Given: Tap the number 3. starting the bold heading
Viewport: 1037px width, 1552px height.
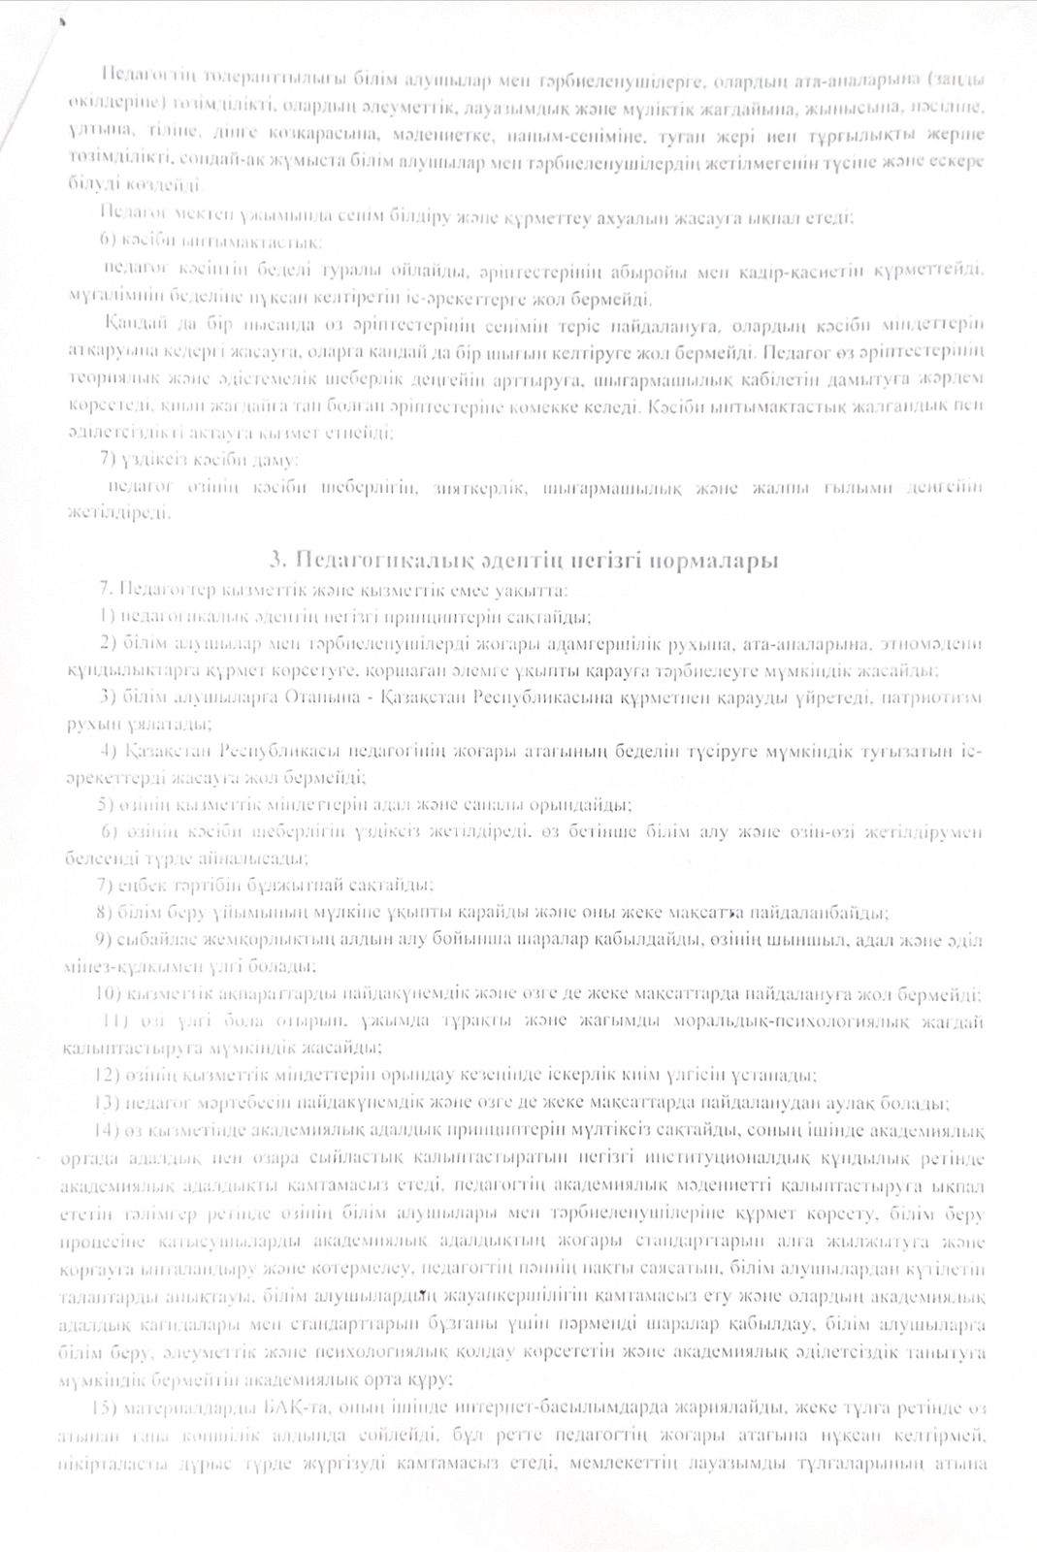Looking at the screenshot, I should (x=278, y=561).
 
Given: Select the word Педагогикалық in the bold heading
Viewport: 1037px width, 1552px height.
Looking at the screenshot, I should (x=385, y=561).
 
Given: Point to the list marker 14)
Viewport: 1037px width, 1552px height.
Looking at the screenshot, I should (x=107, y=1131).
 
